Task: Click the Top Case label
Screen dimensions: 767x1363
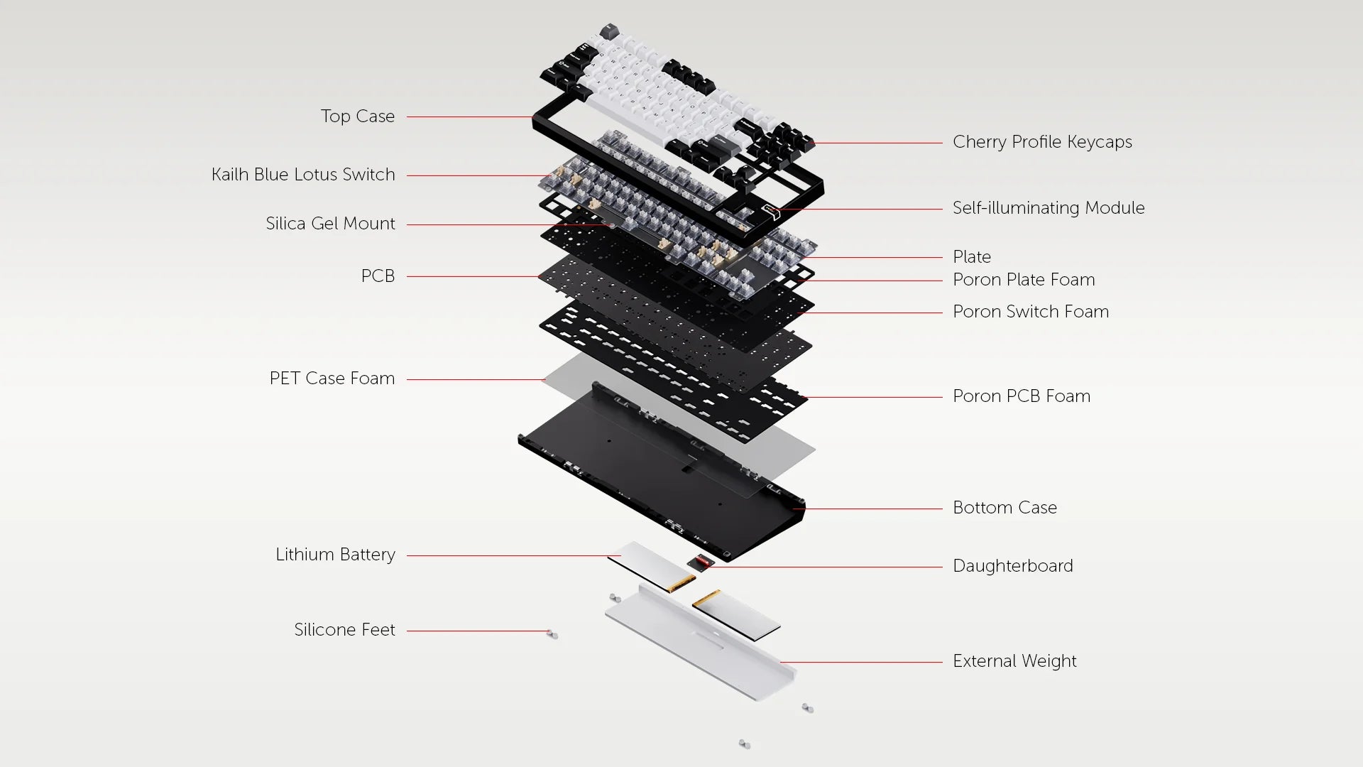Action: click(x=357, y=116)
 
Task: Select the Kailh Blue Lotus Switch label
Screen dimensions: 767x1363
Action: click(x=303, y=175)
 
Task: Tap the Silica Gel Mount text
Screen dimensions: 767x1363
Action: click(x=330, y=224)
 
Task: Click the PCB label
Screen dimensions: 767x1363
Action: click(x=378, y=276)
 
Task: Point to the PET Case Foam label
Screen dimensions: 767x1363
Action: click(x=332, y=379)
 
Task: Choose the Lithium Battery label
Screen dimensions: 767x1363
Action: click(x=335, y=555)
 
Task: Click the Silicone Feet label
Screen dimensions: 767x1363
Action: click(x=344, y=630)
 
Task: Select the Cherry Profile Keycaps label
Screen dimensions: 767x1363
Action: click(x=1042, y=142)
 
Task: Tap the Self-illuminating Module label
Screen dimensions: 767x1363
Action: click(x=1049, y=208)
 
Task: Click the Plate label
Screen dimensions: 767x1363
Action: click(x=972, y=257)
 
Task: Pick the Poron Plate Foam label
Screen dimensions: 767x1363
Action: click(x=1024, y=280)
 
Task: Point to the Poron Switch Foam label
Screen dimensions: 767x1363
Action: click(x=1031, y=312)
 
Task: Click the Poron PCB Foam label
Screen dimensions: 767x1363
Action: click(x=1022, y=396)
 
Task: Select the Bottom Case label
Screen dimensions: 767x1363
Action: click(x=1005, y=508)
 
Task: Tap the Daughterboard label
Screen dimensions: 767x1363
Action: click(x=1013, y=566)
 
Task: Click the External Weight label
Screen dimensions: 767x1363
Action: click(x=1014, y=661)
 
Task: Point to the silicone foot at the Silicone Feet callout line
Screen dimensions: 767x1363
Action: click(x=552, y=634)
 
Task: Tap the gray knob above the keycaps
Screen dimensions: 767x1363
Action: click(x=609, y=31)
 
